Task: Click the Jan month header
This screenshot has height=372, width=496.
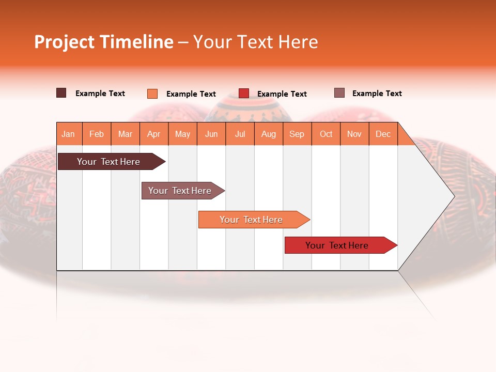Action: point(68,134)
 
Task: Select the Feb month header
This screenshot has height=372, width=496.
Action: point(97,134)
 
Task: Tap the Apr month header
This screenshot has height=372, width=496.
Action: point(153,134)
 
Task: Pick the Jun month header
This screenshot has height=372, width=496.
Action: point(211,134)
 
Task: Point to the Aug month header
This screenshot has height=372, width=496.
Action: point(268,134)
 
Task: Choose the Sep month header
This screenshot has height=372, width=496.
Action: point(297,134)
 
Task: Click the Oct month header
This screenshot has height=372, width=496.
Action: point(326,134)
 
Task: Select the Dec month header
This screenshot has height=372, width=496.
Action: point(383,134)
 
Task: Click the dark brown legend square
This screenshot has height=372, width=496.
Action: point(61,93)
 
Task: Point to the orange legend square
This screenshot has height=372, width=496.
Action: point(152,94)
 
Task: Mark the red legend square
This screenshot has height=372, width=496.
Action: point(243,94)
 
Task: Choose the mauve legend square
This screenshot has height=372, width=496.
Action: point(339,93)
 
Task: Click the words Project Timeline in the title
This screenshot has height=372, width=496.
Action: point(103,42)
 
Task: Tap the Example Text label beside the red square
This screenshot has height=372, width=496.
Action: point(282,94)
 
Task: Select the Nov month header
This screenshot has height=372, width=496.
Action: point(354,134)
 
